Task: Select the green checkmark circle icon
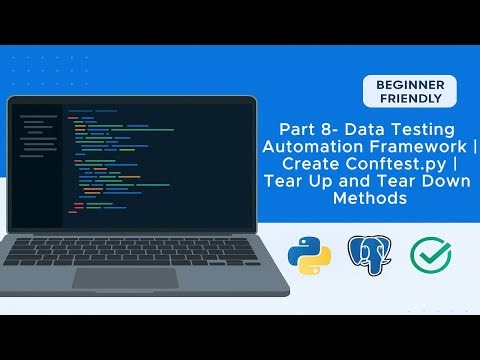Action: coord(431,256)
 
